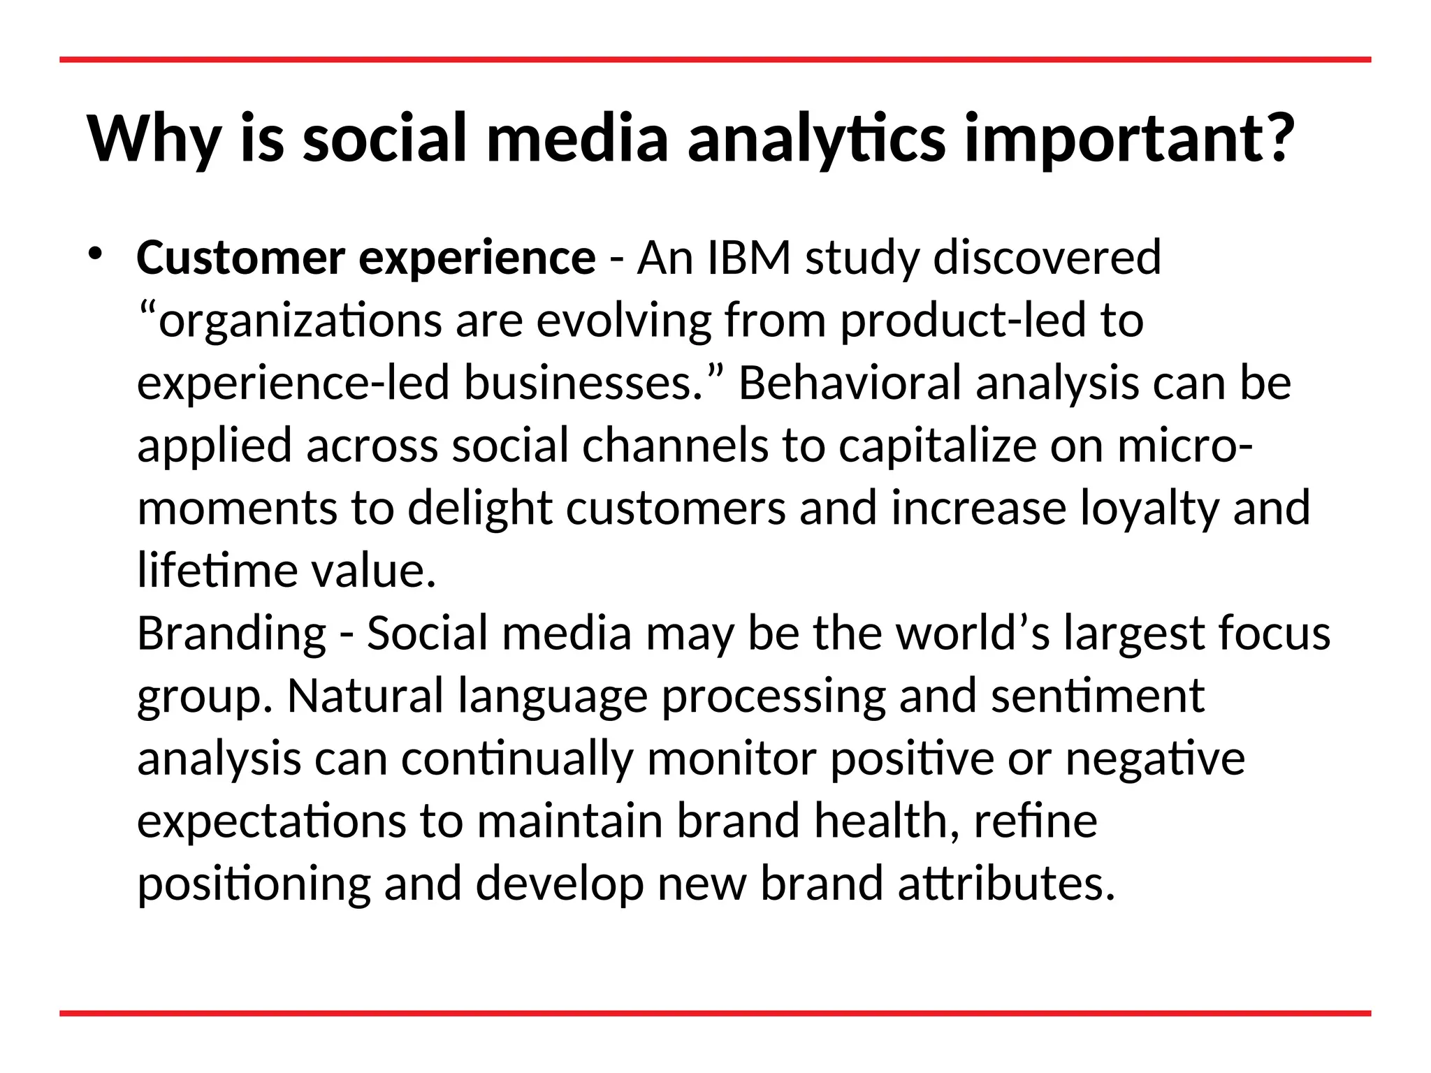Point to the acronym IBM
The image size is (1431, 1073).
(x=748, y=258)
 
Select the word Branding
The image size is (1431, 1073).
(x=231, y=634)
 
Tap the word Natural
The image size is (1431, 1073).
(x=365, y=696)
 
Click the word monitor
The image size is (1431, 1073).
(x=732, y=759)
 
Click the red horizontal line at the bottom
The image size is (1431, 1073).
(x=715, y=1013)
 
